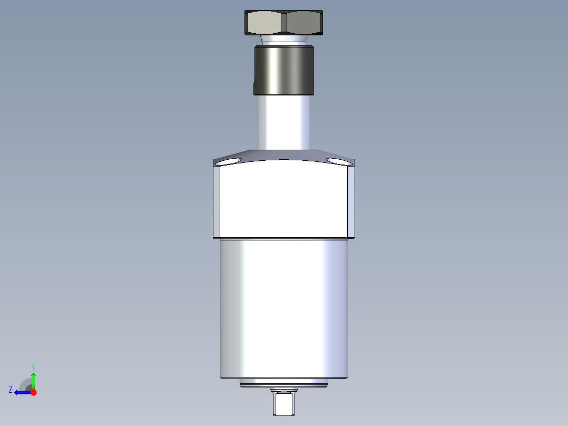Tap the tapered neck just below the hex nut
[x=283, y=40]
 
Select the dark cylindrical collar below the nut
[x=283, y=70]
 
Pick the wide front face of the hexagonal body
[x=283, y=200]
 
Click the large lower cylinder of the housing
[x=283, y=308]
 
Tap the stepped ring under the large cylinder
[x=283, y=383]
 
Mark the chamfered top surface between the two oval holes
[x=283, y=156]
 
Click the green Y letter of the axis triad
[x=33, y=366]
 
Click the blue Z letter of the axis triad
[x=11, y=389]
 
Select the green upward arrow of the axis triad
[x=33, y=380]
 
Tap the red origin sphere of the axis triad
[x=34, y=392]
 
